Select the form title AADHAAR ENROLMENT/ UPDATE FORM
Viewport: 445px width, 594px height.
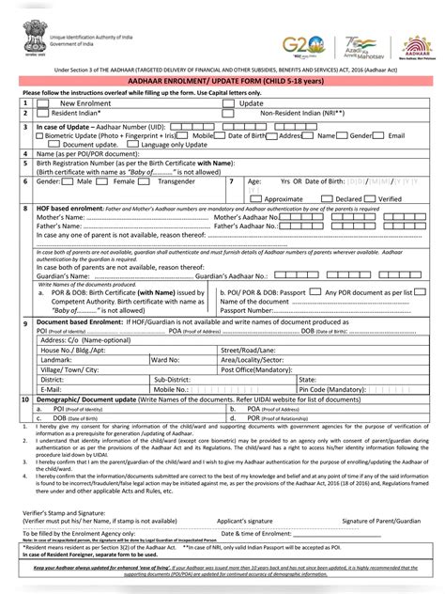[x=222, y=82]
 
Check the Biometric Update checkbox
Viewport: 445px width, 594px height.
[x=39, y=135]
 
